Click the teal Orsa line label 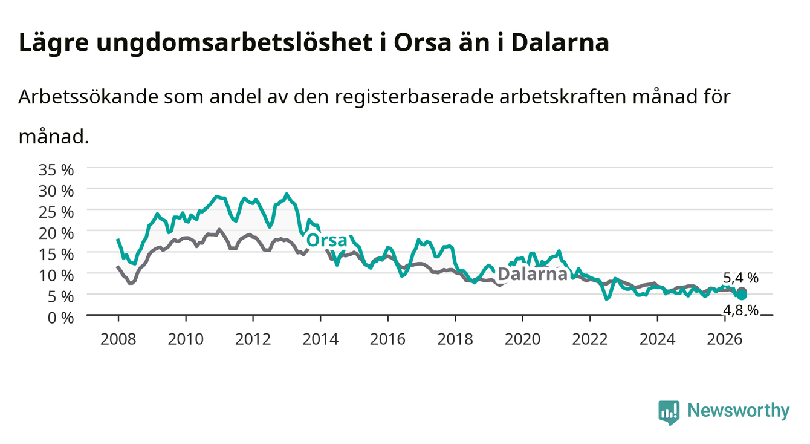[327, 240]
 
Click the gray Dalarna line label [533, 274]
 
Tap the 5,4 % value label [740, 278]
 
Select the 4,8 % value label [740, 310]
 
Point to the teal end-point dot [742, 295]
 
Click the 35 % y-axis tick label [56, 170]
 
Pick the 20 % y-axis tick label [56, 233]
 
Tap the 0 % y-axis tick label [60, 318]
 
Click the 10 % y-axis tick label [56, 276]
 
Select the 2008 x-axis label [118, 339]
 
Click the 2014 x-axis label [320, 339]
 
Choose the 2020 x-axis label [522, 339]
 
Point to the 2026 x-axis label [725, 339]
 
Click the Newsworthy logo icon [669, 413]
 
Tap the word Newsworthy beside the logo [739, 411]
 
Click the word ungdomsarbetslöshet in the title [235, 44]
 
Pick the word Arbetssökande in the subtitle [88, 97]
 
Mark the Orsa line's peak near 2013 [287, 194]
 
